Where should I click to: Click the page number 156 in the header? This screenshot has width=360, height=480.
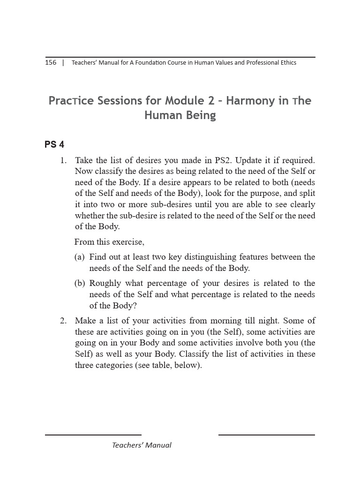point(51,63)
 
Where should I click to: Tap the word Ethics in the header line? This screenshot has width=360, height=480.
point(287,63)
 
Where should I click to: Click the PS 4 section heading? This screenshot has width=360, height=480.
point(54,144)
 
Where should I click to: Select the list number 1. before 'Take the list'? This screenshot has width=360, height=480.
point(63,160)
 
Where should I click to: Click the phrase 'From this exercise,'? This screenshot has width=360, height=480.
point(109,242)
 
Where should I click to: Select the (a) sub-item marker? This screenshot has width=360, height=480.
point(80,257)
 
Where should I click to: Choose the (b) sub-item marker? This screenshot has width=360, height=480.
point(80,283)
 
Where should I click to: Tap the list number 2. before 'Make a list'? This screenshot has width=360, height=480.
point(63,321)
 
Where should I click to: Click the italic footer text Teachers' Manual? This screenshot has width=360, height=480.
point(142,445)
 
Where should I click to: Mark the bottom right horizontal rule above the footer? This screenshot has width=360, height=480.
point(266,435)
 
